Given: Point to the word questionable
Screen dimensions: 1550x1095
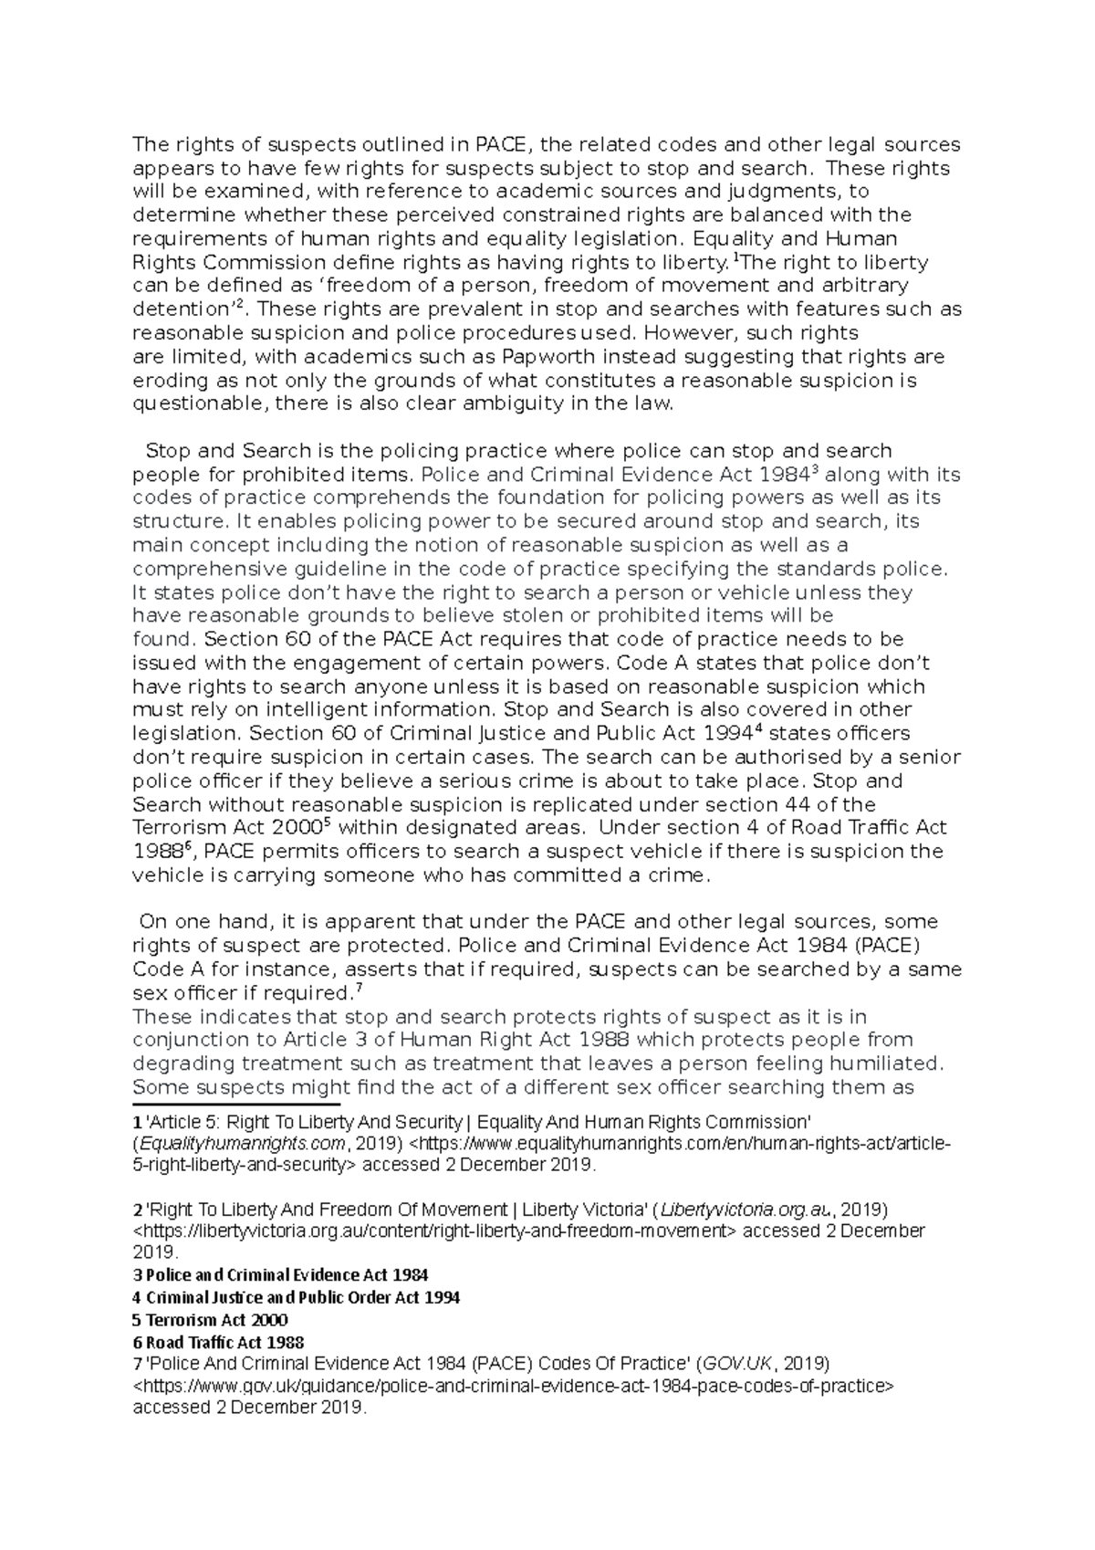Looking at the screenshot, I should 190,404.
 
